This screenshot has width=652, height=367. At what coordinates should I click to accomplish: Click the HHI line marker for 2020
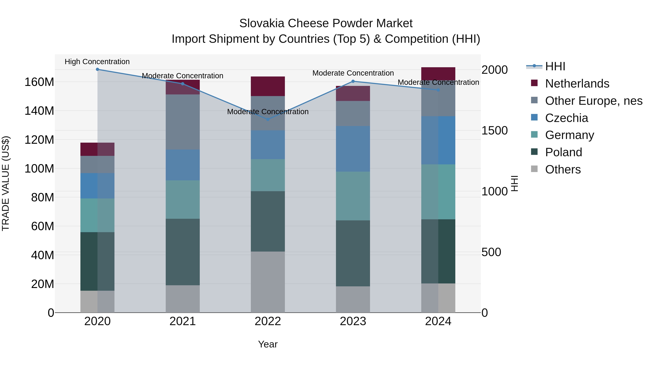coord(97,69)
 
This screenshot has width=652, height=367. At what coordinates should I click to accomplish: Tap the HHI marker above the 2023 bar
coord(353,81)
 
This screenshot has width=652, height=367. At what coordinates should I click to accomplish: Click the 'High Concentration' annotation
coord(97,62)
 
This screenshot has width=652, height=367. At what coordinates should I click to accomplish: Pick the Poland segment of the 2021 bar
coord(183,252)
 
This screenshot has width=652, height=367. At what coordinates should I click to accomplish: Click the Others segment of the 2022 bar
coord(268,282)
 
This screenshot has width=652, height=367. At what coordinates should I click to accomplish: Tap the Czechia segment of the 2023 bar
coord(353,149)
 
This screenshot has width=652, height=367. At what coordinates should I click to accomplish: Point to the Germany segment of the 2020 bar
coord(97,215)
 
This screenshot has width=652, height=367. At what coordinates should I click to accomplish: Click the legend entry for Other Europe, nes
coord(594,101)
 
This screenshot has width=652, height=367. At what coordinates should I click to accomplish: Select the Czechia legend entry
coord(567,118)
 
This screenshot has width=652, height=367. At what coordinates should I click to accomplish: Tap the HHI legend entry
coord(555,66)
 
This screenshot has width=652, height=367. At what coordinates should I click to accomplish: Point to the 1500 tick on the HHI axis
coord(494,131)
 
